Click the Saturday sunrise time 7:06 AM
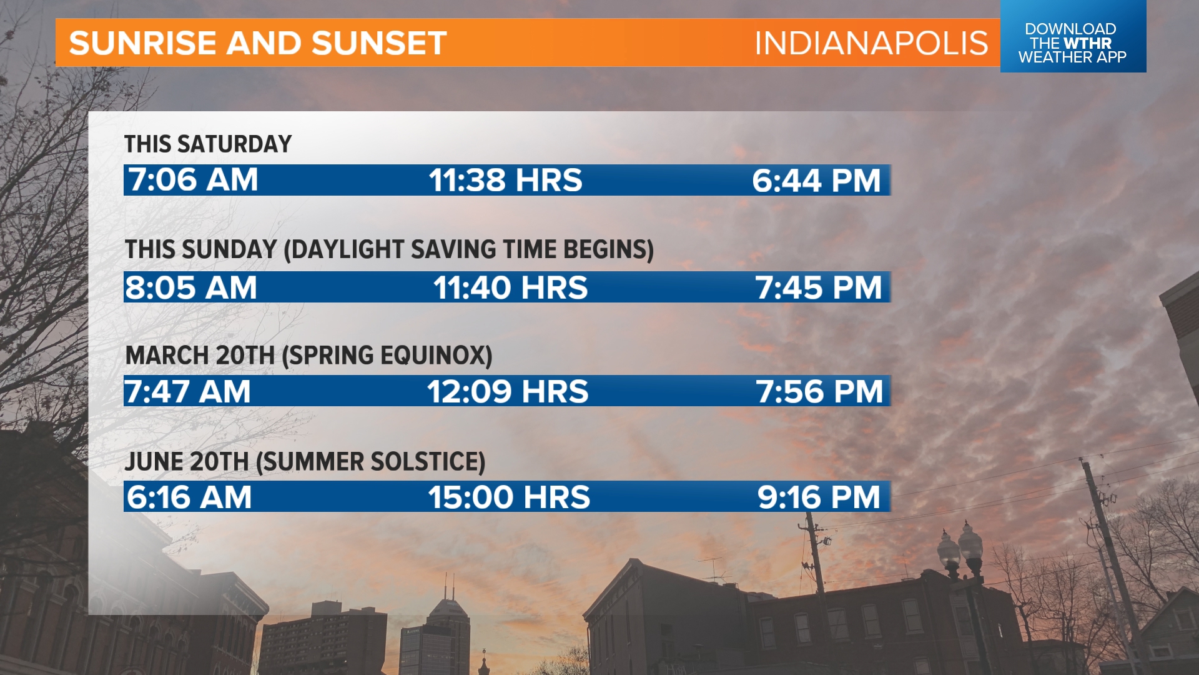coord(193,180)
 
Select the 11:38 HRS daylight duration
coord(505,181)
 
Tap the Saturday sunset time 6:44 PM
coord(816,181)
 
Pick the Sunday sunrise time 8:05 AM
coord(191,287)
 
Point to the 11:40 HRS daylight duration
coord(510,287)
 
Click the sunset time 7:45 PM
coord(819,287)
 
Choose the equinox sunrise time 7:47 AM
coord(187,392)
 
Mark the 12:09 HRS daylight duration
coord(507,392)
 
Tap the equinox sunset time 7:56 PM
coord(819,392)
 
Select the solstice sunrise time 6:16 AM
coord(189,497)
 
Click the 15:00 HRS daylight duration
coord(508,497)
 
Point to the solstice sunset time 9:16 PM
coord(819,497)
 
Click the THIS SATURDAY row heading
coord(208,144)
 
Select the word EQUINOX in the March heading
coord(433,356)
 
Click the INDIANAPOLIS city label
coord(871,43)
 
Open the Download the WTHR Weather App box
coord(1072,42)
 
